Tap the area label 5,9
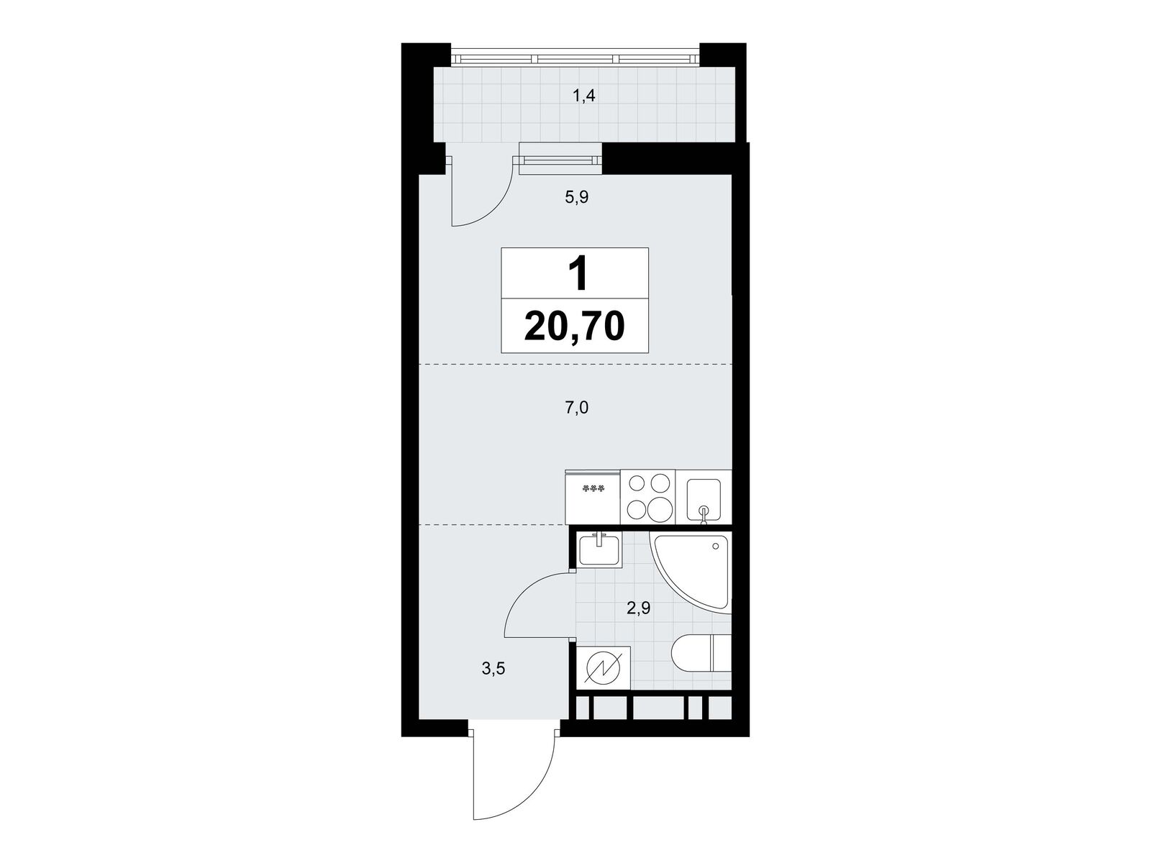click(x=577, y=198)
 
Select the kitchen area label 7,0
click(x=577, y=408)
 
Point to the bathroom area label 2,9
click(x=638, y=608)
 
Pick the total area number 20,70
click(x=575, y=327)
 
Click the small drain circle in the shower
click(x=715, y=547)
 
